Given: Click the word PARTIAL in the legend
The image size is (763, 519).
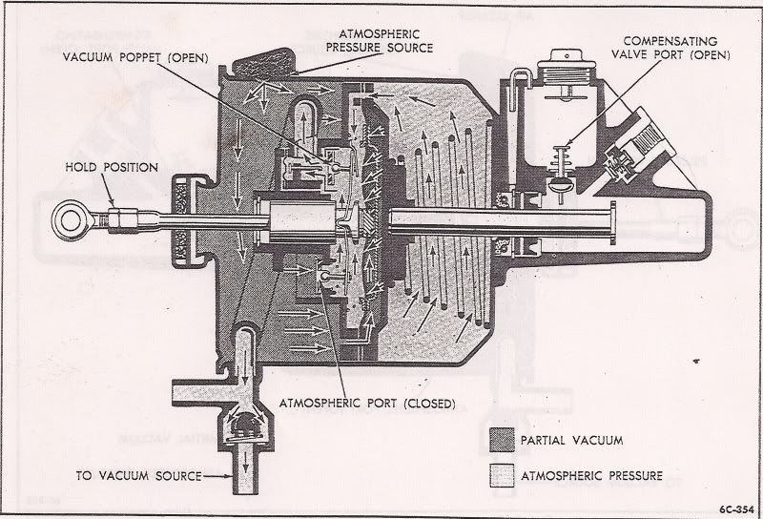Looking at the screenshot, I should pyautogui.click(x=543, y=442).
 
